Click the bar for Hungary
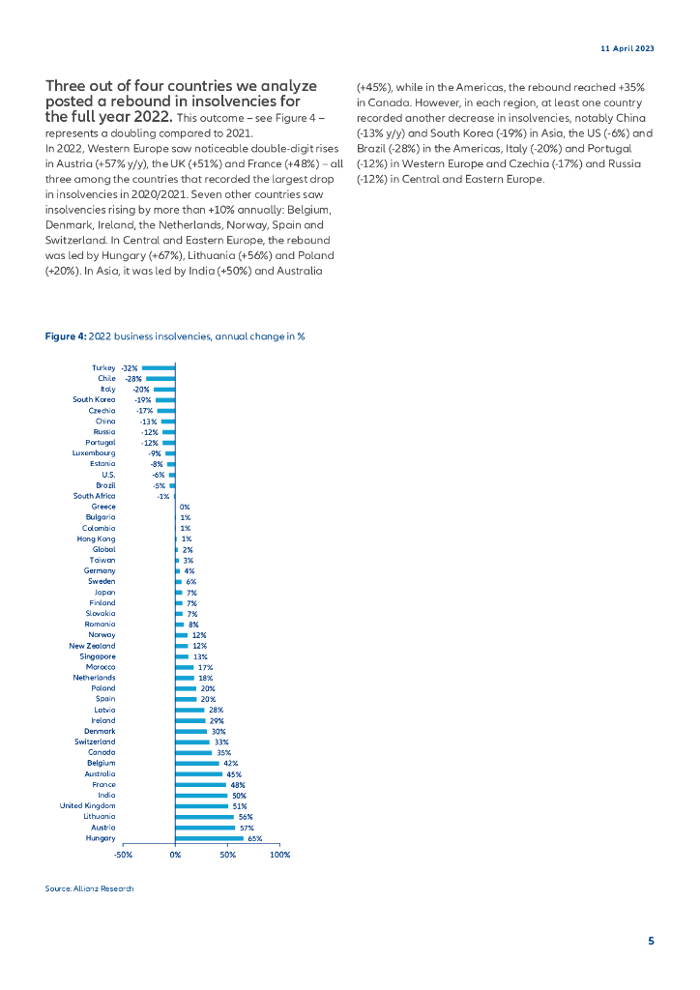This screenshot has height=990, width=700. coord(209,838)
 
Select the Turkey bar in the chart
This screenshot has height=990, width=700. coord(159,368)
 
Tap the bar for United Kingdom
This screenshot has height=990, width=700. coord(201,805)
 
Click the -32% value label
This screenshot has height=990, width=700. coord(130,368)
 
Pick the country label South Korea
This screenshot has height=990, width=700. coord(94,399)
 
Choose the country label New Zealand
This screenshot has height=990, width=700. coord(92,645)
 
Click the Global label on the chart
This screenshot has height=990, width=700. coord(103,549)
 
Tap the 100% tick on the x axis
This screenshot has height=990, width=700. coord(280,855)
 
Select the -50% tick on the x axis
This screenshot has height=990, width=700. coord(123,855)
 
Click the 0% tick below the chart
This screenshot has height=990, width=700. coord(175,855)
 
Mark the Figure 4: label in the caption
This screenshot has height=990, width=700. coord(66,336)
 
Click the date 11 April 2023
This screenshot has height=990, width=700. coord(627,47)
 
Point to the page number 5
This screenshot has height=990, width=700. coord(651,941)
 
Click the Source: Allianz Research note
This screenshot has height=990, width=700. coord(89,888)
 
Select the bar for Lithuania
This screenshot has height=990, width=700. coord(204,816)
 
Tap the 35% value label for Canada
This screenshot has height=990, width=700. coord(223,752)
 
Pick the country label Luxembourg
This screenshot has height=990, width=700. coord(94,452)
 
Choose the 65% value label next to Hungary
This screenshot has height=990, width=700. coord(255,838)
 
